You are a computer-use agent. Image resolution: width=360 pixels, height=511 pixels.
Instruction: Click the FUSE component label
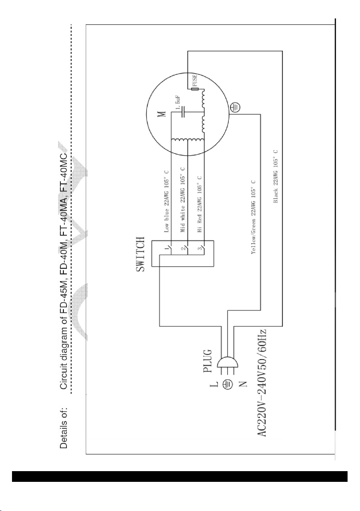tap(195, 80)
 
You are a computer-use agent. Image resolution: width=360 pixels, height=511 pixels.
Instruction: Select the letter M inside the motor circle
tap(163, 113)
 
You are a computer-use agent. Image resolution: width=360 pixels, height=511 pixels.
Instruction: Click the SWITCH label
tap(140, 254)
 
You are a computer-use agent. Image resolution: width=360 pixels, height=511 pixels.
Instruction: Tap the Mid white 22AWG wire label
tap(183, 200)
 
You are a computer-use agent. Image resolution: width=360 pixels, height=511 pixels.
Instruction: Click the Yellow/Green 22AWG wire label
tap(253, 217)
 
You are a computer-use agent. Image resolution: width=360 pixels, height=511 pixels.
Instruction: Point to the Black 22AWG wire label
tap(276, 176)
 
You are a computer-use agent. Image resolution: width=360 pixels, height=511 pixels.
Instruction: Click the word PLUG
tap(208, 361)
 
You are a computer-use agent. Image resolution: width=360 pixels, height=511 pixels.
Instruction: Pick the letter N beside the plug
tap(243, 384)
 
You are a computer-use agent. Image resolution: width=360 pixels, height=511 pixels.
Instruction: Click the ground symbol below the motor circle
tap(235, 107)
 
